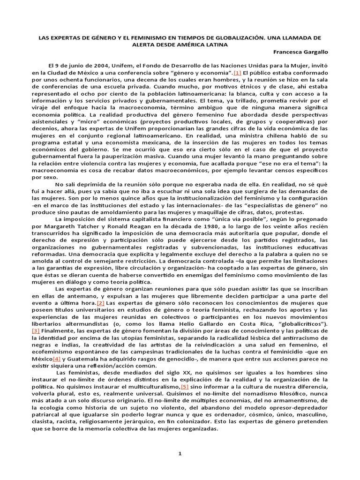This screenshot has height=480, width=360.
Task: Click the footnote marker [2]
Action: [100, 303]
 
